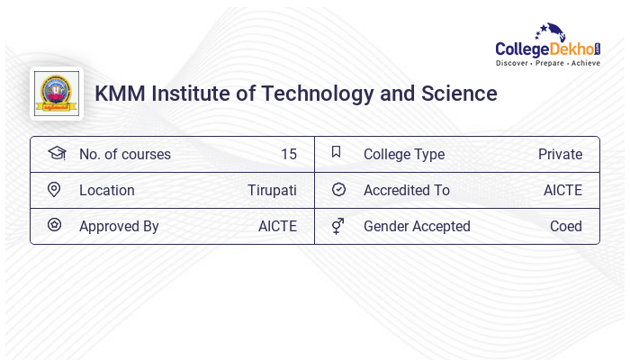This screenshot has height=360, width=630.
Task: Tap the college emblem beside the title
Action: point(56,93)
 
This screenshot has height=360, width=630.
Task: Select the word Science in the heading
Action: point(461,93)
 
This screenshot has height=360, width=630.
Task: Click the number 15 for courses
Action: point(288,154)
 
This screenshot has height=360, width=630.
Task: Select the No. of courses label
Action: point(124,154)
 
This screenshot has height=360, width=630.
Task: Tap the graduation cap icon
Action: point(56,153)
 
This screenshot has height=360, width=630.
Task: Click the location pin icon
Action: point(54,190)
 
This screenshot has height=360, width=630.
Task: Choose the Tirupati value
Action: point(272,190)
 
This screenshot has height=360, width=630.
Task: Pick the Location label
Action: point(106,190)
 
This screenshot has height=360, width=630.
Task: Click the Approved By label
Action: point(119,226)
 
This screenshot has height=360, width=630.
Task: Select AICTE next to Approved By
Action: point(277,226)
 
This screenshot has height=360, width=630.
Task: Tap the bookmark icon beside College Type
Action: point(336,152)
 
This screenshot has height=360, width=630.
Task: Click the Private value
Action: point(560,154)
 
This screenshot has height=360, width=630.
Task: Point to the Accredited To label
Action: point(406,190)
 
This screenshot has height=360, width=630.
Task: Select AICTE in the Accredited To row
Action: point(562,190)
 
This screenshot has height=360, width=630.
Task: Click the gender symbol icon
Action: point(338,226)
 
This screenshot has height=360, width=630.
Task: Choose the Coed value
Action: point(566,226)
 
